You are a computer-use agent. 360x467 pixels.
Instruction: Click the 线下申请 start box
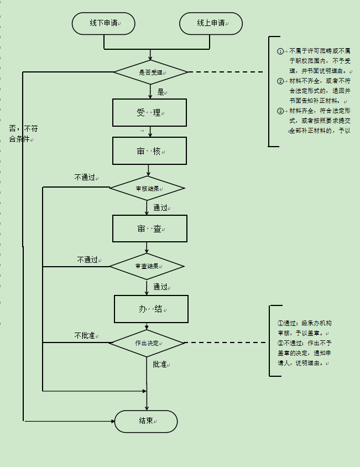coord(103,23)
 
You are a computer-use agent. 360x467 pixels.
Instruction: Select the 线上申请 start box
coord(211,23)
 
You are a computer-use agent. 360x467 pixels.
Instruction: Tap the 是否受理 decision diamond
coord(150,72)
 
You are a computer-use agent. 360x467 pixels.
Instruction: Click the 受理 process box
coord(149,113)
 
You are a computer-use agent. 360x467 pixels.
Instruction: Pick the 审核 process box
coord(149,151)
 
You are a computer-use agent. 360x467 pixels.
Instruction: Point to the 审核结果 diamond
coord(147,189)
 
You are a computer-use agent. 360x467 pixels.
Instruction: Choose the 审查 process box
coord(150,229)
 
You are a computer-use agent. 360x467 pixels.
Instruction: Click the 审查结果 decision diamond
coord(147,267)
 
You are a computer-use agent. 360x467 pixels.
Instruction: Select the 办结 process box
coord(151,309)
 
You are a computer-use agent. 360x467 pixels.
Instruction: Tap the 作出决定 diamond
coord(147,343)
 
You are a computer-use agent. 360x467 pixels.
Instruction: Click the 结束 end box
coord(146,421)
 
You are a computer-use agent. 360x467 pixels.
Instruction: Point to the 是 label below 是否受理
coord(161,92)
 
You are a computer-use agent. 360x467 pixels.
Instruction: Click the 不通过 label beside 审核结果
coord(85,178)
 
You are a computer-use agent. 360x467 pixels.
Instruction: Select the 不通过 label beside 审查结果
coord(87,260)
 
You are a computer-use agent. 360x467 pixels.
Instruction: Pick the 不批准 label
coord(85,335)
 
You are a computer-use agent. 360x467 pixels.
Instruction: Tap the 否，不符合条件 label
coord(23,134)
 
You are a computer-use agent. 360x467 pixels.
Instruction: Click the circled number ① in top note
coord(280,51)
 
